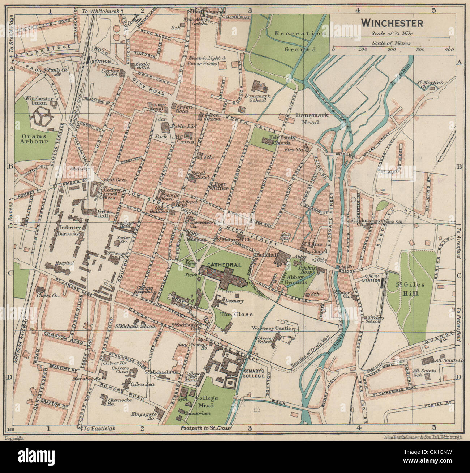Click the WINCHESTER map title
tap(392, 23)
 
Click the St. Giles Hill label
tap(409, 289)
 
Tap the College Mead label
tap(206, 401)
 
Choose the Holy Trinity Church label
tap(282, 140)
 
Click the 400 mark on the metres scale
tap(449, 50)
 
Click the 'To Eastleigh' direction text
tap(100, 428)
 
